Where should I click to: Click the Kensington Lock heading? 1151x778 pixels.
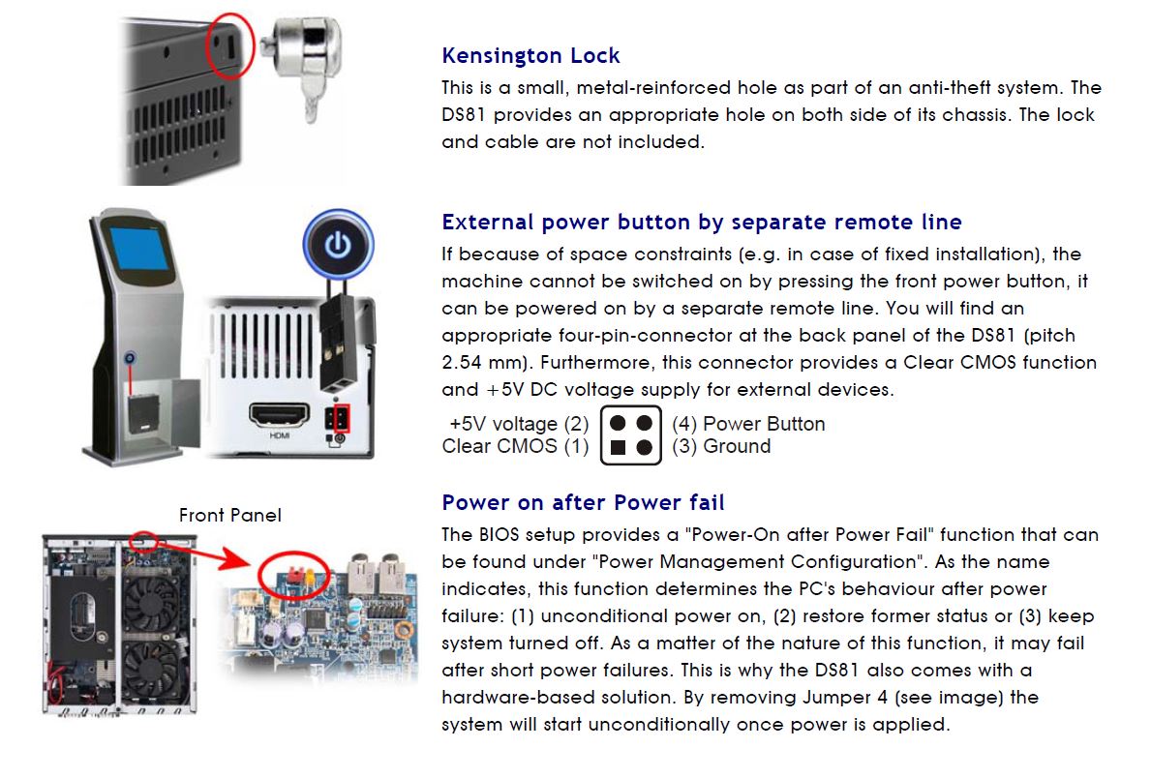coord(530,56)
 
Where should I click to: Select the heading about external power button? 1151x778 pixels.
coord(701,223)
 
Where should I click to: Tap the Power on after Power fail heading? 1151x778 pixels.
coord(583,503)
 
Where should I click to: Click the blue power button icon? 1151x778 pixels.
coord(338,245)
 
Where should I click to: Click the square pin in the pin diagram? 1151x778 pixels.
coord(618,448)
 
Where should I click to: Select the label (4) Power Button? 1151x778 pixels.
coord(747,424)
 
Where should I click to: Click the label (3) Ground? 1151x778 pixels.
coord(720,447)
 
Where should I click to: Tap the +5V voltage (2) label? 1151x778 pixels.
coord(519,424)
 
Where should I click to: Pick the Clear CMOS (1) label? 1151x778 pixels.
coord(515,447)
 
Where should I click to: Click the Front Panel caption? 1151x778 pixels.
coord(230,516)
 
